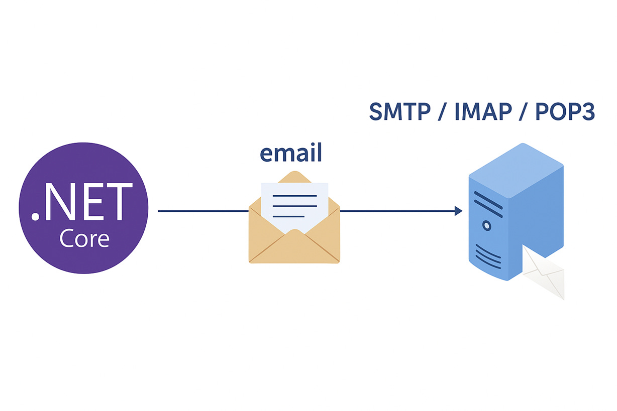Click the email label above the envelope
[x=290, y=153]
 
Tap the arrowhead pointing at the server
[x=458, y=211]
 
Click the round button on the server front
[x=486, y=226]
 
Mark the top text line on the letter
[x=294, y=196]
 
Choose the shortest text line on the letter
[x=288, y=216]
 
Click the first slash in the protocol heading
[x=442, y=112]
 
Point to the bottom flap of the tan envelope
[x=294, y=248]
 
